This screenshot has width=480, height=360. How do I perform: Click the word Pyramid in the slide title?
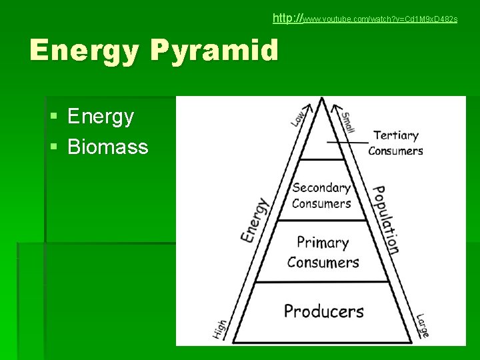[x=215, y=51]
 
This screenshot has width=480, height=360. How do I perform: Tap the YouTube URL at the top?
[x=365, y=19]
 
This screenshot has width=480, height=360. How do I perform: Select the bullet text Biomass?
[x=108, y=147]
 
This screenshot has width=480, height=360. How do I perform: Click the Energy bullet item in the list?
[x=101, y=117]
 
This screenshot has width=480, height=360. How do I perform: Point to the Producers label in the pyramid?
[x=324, y=311]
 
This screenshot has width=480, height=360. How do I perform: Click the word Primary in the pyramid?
[x=323, y=243]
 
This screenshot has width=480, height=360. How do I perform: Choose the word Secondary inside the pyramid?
[x=321, y=188]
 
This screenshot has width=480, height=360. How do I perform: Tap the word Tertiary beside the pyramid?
[x=396, y=135]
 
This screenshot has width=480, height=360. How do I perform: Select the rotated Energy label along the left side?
[x=254, y=220]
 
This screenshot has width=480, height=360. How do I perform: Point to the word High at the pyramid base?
[x=221, y=329]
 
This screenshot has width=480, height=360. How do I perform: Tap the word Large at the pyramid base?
[x=422, y=325]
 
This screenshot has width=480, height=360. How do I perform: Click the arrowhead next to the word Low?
[x=307, y=105]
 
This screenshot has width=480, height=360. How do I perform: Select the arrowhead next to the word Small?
[x=337, y=105]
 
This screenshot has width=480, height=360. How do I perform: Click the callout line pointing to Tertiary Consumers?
[x=347, y=142]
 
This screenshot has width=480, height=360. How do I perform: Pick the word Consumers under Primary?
[x=323, y=262]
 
